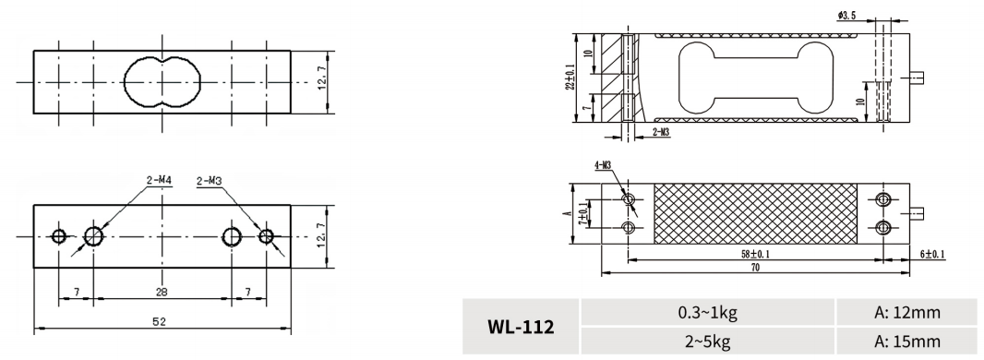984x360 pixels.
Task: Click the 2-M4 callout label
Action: pos(158,182)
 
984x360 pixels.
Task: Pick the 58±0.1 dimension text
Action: pos(754,253)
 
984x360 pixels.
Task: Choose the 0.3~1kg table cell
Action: pos(707,313)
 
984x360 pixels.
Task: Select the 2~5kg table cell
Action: pos(707,340)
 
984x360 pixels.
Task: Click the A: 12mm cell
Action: pos(908,313)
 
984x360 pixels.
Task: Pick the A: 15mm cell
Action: pos(908,340)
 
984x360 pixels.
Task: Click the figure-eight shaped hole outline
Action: pos(162,80)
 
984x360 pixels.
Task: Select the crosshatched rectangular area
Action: pos(754,212)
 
